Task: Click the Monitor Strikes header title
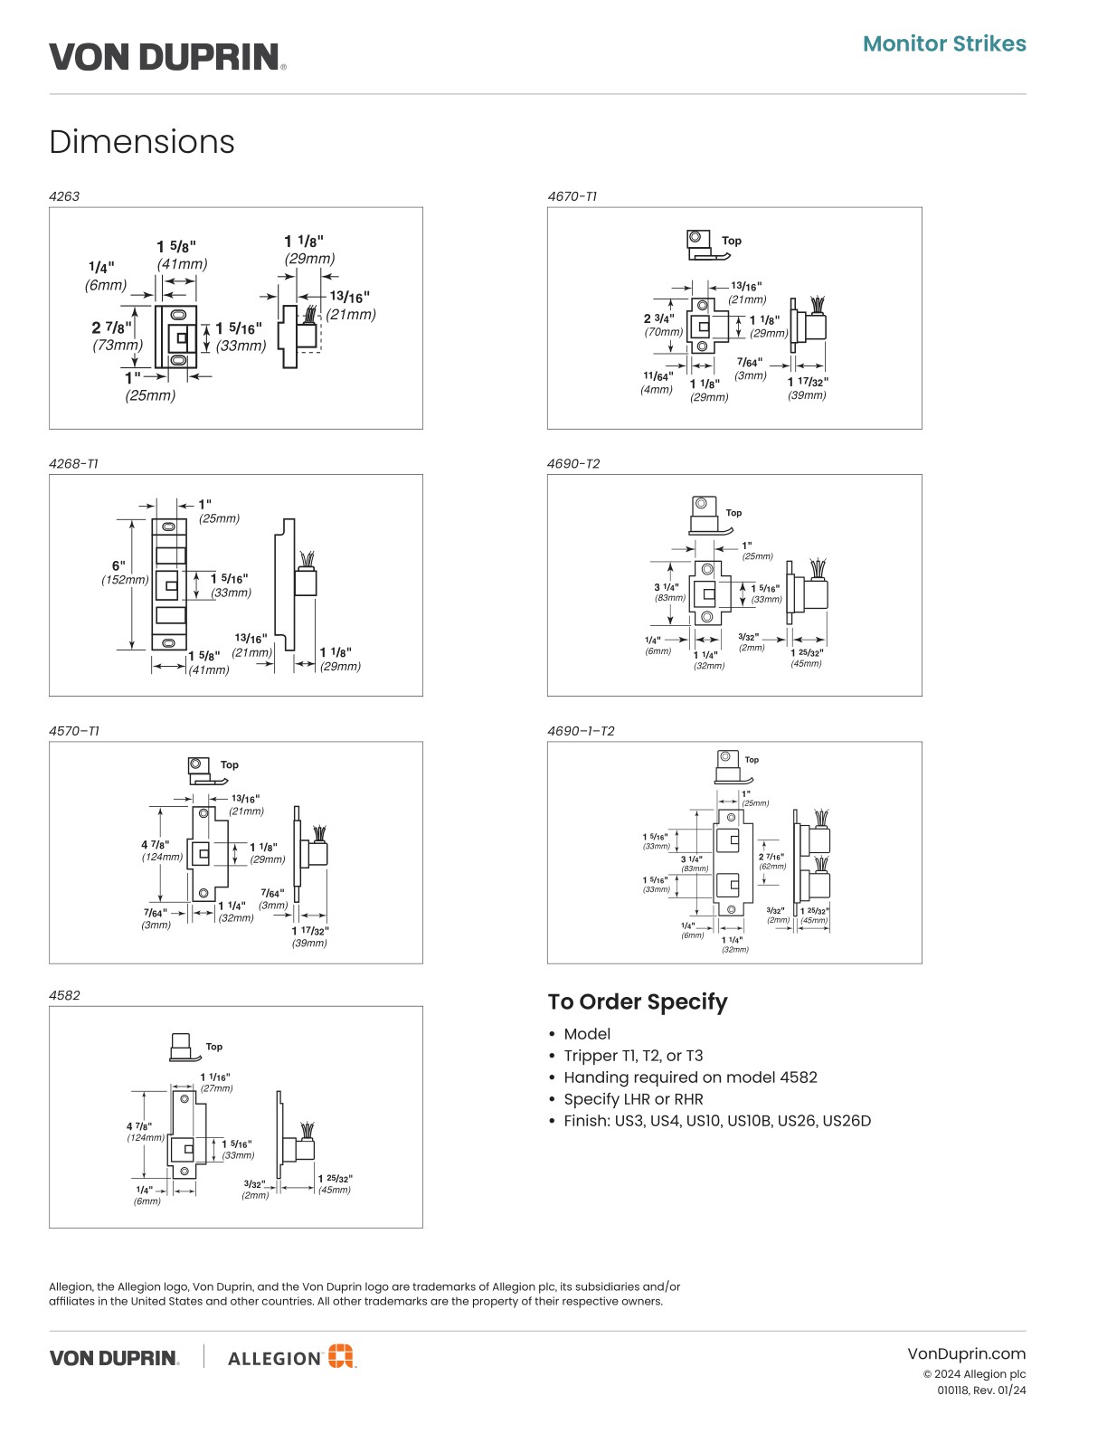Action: pyautogui.click(x=944, y=43)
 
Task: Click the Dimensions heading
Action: pyautogui.click(x=142, y=142)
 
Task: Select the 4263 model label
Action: pyautogui.click(x=64, y=196)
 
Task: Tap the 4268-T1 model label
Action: pyautogui.click(x=73, y=463)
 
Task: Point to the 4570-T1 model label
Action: pyautogui.click(x=74, y=731)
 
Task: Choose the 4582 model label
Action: pyautogui.click(x=64, y=995)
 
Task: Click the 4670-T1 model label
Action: pyautogui.click(x=572, y=196)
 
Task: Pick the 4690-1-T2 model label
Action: pyautogui.click(x=581, y=731)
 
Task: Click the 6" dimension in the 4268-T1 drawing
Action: pyautogui.click(x=118, y=566)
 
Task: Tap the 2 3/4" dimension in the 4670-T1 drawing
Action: pyautogui.click(x=658, y=318)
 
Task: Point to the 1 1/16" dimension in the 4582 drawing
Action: pyautogui.click(x=215, y=1077)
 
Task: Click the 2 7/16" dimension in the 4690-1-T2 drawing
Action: pyautogui.click(x=771, y=856)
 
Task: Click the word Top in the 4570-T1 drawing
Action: pyautogui.click(x=230, y=764)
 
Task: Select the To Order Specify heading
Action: pyautogui.click(x=638, y=1001)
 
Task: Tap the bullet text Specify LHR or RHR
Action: pyautogui.click(x=633, y=1099)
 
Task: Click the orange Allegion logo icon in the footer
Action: pyautogui.click(x=340, y=1355)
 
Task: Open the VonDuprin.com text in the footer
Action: pyautogui.click(x=966, y=1353)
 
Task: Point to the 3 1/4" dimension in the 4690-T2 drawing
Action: pyautogui.click(x=667, y=587)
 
